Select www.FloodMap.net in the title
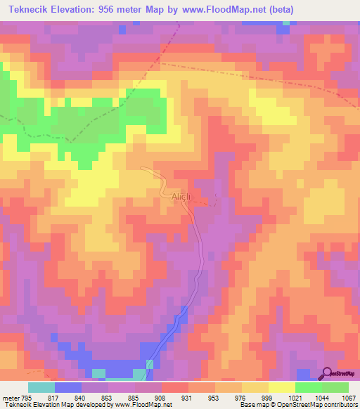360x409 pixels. pos(224,10)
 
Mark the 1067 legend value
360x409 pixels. pos(348,398)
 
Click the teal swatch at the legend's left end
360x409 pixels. pos(41,387)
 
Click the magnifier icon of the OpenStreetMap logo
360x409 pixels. pos(328,373)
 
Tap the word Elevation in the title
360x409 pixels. pos(76,10)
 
